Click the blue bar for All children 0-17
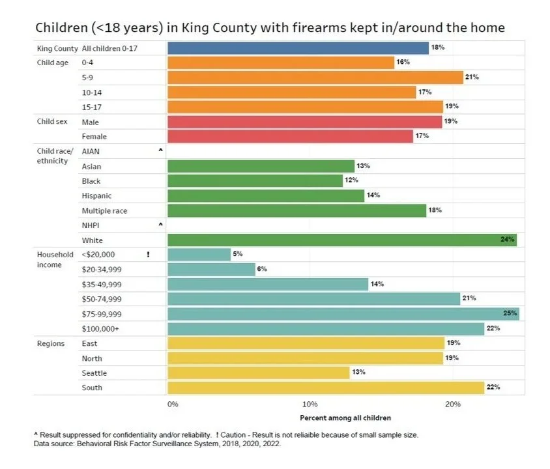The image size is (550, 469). point(298,48)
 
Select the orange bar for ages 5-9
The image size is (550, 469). point(315,78)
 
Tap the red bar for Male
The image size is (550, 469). point(304,122)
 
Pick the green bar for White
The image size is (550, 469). point(341,240)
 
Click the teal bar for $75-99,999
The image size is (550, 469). point(343,313)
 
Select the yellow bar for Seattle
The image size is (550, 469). point(258,373)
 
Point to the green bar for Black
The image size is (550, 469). point(255,181)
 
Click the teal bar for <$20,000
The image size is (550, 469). point(199,255)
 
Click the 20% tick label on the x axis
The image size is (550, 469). point(453,405)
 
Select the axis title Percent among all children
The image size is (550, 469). point(345,418)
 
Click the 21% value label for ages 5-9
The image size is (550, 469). point(472,78)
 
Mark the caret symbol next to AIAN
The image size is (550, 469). point(160,150)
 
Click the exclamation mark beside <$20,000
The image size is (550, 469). point(149,255)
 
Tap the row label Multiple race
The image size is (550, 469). point(105,210)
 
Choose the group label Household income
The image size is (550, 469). point(54,259)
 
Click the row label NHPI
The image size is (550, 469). point(92,225)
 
